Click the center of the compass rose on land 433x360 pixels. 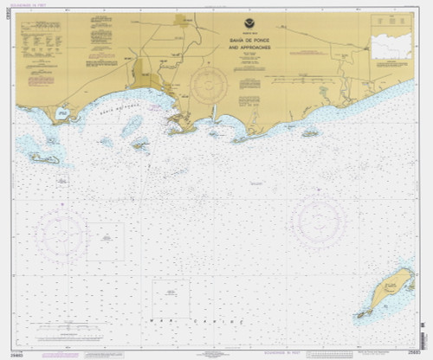click(x=209, y=85)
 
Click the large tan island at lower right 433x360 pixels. click(x=389, y=292)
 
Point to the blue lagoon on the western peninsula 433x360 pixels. click(x=61, y=112)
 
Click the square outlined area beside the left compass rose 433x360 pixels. click(x=105, y=241)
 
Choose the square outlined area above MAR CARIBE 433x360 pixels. click(x=171, y=299)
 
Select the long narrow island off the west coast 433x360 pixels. click(x=44, y=158)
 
